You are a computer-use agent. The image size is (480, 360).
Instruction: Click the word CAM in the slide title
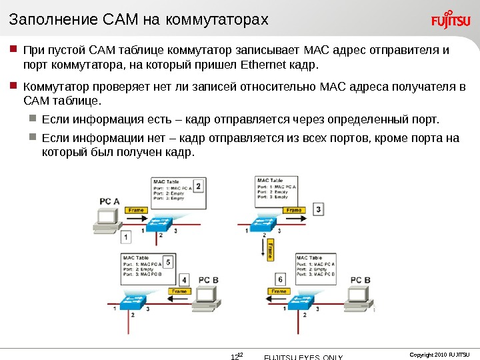(x=120, y=21)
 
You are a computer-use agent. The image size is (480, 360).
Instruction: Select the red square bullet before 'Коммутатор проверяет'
(x=13, y=86)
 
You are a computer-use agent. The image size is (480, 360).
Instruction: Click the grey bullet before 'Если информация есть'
(x=34, y=119)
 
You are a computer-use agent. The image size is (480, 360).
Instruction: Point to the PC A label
(x=109, y=200)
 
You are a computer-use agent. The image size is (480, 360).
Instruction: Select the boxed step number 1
(x=126, y=236)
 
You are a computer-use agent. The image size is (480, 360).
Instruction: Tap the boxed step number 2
(x=198, y=185)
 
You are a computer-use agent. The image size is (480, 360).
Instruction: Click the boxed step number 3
(x=319, y=209)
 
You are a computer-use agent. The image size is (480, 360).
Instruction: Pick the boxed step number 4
(x=184, y=279)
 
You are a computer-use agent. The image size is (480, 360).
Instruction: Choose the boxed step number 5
(x=168, y=262)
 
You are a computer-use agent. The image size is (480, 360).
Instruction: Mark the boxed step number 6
(x=280, y=279)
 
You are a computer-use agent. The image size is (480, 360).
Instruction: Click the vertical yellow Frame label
(x=270, y=251)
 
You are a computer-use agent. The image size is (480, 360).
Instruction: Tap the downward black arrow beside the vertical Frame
(x=261, y=250)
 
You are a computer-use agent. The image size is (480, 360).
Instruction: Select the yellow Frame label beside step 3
(x=293, y=210)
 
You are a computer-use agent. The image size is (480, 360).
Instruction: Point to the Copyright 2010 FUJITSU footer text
(x=439, y=353)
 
